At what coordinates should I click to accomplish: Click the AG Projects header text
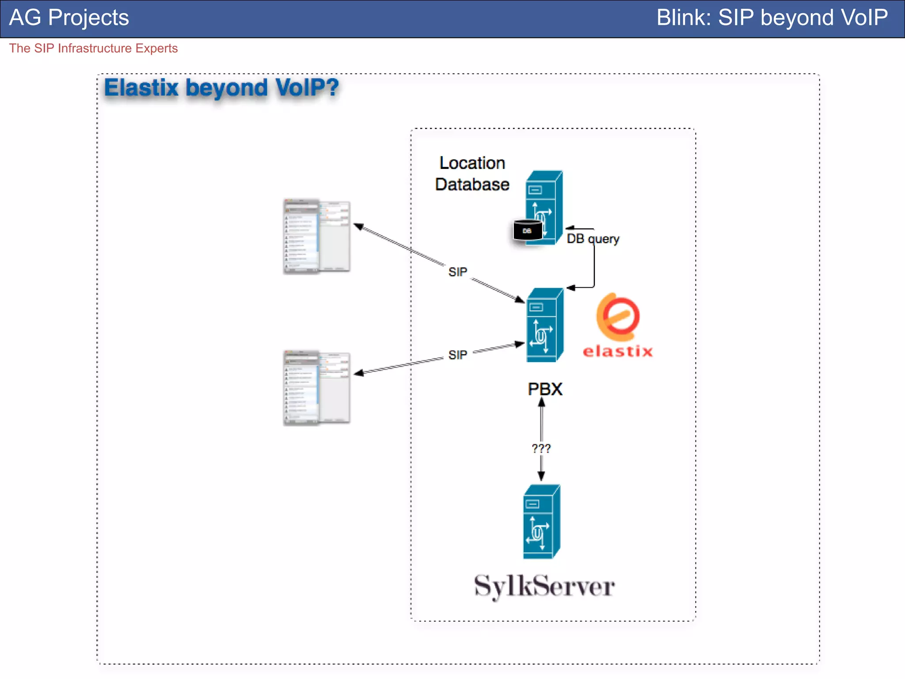[69, 18]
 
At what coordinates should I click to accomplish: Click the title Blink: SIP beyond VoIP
[772, 18]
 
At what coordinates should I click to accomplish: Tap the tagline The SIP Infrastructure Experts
[93, 48]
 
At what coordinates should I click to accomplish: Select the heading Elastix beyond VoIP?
[221, 88]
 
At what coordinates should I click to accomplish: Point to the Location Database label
[472, 174]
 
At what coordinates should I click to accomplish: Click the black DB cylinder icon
[527, 230]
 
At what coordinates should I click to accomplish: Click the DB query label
[593, 239]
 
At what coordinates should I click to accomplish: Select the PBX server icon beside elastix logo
[545, 325]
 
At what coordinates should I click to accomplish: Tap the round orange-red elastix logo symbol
[618, 317]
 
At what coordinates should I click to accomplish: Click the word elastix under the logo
[617, 351]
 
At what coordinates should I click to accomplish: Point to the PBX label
[545, 389]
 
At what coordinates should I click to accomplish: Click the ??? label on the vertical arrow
[541, 449]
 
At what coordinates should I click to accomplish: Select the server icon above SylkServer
[542, 522]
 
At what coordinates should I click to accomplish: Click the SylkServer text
[544, 587]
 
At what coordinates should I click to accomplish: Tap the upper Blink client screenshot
[316, 237]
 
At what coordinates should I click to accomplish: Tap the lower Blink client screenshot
[316, 388]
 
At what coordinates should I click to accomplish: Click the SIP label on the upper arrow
[457, 272]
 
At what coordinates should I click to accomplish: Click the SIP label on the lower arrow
[457, 355]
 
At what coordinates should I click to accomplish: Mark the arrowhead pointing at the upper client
[358, 227]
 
